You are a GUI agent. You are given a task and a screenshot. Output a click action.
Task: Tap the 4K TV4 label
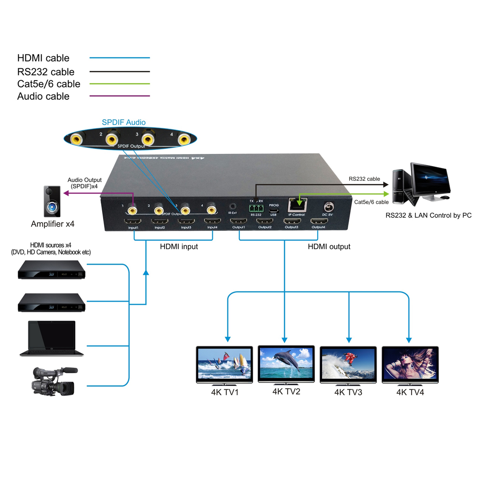tap(410, 392)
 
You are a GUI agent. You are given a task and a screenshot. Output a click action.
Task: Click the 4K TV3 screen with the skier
tap(348, 363)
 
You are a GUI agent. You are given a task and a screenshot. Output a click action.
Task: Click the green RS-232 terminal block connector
tap(257, 208)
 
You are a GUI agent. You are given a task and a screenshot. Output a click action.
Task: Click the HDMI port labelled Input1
tap(133, 222)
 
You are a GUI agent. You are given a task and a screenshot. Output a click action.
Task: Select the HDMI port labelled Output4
tap(319, 222)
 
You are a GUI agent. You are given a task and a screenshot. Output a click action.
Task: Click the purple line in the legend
tap(119, 96)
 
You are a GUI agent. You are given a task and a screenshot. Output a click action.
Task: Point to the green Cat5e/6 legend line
tap(119, 84)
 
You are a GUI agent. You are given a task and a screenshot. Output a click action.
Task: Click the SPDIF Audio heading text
tap(124, 123)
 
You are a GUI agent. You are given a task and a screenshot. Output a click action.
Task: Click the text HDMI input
tap(179, 247)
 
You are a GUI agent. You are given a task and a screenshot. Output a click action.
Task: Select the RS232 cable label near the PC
tap(364, 179)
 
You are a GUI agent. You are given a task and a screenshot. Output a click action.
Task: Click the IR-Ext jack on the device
tap(233, 206)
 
